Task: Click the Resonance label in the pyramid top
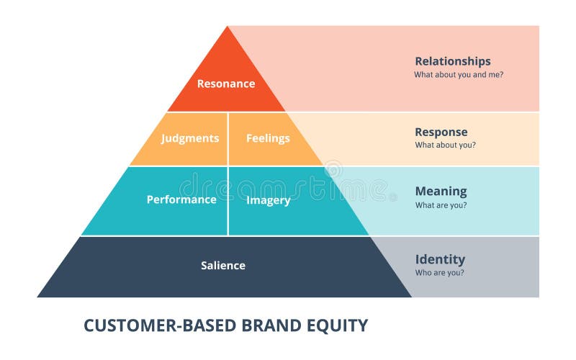[x=226, y=84]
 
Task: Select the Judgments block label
[x=190, y=138]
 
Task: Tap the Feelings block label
[x=268, y=138]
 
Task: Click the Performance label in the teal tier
[x=181, y=199]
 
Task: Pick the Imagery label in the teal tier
[x=268, y=200]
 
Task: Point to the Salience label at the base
[x=223, y=266]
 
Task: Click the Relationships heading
[x=452, y=61]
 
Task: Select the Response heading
[x=441, y=132]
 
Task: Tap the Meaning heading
[x=441, y=192]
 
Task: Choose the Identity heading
[x=440, y=259]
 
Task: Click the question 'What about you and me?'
[x=458, y=74]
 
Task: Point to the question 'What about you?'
[x=445, y=145]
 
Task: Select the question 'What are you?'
[x=441, y=204]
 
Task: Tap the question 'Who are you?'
[x=439, y=273]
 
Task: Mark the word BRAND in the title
[x=273, y=325]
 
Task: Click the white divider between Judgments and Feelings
[x=228, y=138]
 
